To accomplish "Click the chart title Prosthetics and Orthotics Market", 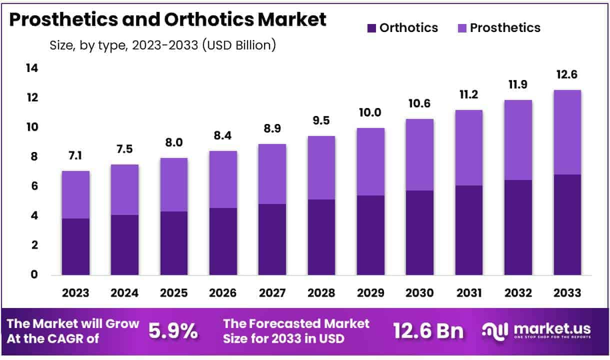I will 167,19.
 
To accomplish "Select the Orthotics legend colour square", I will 371,28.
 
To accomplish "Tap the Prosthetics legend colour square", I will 462,28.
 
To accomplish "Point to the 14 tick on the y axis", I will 31,68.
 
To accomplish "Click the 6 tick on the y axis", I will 33,186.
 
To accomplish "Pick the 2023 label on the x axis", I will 75,293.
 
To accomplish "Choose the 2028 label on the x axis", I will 321,293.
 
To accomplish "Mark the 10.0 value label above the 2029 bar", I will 370,113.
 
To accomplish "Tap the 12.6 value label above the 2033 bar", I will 567,75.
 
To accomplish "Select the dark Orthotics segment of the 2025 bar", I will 174,243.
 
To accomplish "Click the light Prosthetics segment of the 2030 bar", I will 419,154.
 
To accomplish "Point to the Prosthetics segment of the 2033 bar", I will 567,132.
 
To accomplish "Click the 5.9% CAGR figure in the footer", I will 173,331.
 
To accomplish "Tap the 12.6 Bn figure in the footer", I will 428,331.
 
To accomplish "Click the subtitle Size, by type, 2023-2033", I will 162,45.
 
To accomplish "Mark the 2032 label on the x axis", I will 518,293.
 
